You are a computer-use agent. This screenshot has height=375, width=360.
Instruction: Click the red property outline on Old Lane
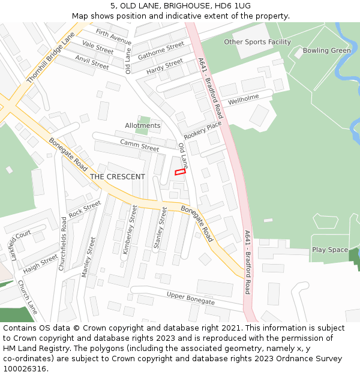tap(180, 172)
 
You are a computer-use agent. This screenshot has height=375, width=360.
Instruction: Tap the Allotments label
tap(143, 125)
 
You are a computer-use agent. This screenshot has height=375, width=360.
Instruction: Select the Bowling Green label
tap(326, 50)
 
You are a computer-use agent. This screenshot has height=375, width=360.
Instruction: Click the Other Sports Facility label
tap(257, 42)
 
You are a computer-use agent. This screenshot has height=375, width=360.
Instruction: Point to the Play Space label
tap(329, 250)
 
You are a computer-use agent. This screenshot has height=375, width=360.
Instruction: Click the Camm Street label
tap(140, 145)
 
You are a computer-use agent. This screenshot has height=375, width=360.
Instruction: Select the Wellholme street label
tap(243, 98)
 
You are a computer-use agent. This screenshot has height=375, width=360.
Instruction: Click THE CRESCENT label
tap(117, 176)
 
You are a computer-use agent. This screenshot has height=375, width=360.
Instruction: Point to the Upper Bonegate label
tap(190, 298)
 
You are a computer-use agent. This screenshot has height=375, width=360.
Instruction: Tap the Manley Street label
tap(88, 257)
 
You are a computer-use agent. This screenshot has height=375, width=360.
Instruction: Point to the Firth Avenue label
tap(113, 37)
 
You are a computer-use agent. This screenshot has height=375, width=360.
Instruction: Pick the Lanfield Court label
tap(20, 245)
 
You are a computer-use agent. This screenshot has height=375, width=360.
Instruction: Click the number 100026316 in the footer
tap(25, 368)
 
